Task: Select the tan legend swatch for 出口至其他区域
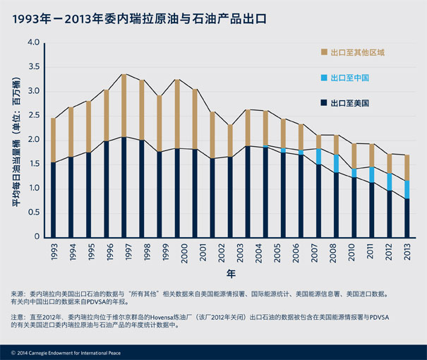pyautogui.click(x=323, y=53)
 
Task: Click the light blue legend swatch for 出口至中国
pyautogui.click(x=323, y=78)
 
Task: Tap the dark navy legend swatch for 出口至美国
pyautogui.click(x=323, y=103)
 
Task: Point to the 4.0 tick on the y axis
pyautogui.click(x=33, y=43)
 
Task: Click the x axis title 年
pyautogui.click(x=231, y=272)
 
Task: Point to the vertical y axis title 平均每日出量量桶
pyautogui.click(x=16, y=139)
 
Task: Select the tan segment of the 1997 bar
pyautogui.click(x=124, y=106)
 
